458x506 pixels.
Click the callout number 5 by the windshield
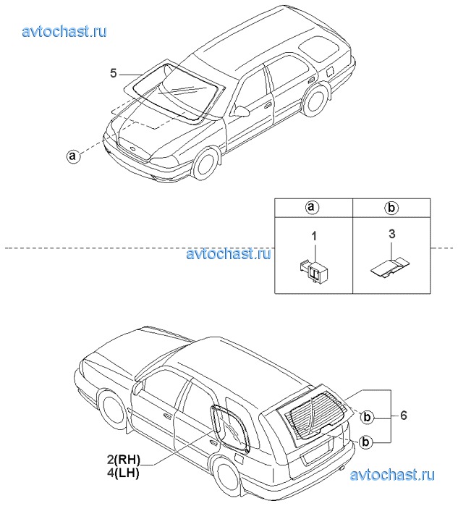click(x=113, y=73)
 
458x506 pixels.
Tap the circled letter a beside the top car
click(x=73, y=156)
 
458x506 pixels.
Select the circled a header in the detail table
click(x=312, y=207)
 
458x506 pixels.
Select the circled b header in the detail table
click(x=391, y=208)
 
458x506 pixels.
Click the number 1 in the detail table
click(x=314, y=236)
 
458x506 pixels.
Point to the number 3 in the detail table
click(x=392, y=234)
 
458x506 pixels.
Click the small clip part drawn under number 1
click(x=313, y=269)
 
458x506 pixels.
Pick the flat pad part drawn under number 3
click(x=390, y=267)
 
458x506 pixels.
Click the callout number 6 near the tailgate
click(x=404, y=415)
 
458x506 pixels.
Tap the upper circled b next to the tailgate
click(x=367, y=417)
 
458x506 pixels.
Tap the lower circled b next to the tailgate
click(x=365, y=442)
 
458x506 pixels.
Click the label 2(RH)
click(x=124, y=459)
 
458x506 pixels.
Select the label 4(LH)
click(x=123, y=473)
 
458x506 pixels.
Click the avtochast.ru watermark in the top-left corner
click(x=64, y=32)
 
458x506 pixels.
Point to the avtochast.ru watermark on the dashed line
click(x=229, y=253)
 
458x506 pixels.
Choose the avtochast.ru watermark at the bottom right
click(x=392, y=475)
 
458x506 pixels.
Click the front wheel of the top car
click(x=205, y=164)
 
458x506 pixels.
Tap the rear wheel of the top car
click(x=315, y=99)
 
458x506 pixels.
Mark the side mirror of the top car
click(x=242, y=111)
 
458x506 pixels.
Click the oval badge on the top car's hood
click(x=132, y=148)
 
